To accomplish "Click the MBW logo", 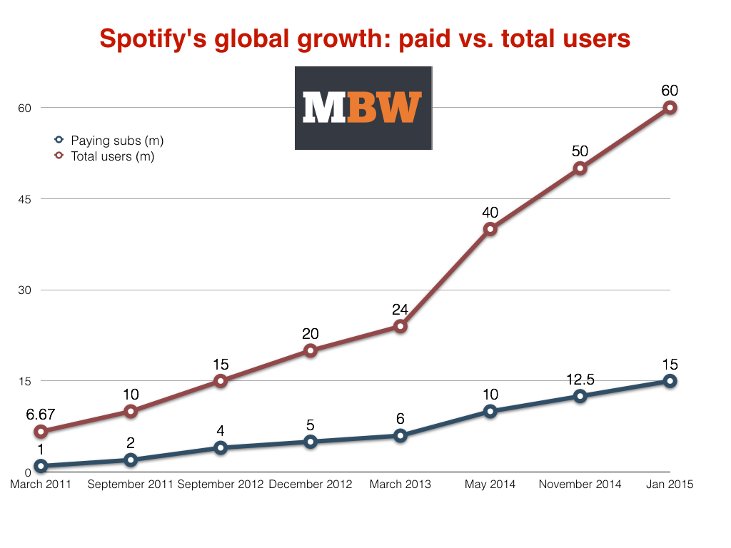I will tap(363, 108).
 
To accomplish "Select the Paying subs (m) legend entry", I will tap(116, 141).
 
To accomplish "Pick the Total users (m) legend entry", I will tap(112, 156).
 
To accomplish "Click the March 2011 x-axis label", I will tap(41, 484).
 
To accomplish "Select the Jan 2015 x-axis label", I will tap(669, 484).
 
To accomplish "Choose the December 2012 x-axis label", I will tap(311, 484).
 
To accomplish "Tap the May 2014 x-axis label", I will tap(490, 484).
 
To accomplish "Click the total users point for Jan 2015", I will tap(670, 108).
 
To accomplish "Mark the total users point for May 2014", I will tap(490, 229).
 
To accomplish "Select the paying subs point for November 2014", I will tap(580, 396).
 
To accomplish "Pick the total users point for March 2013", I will tap(400, 326).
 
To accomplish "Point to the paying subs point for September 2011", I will tap(131, 460).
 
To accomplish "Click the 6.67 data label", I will tap(41, 414).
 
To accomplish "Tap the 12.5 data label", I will tap(580, 378).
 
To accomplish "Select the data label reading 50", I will tap(580, 151).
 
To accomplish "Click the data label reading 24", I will tap(400, 310).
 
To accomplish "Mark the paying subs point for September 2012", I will tap(221, 448).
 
